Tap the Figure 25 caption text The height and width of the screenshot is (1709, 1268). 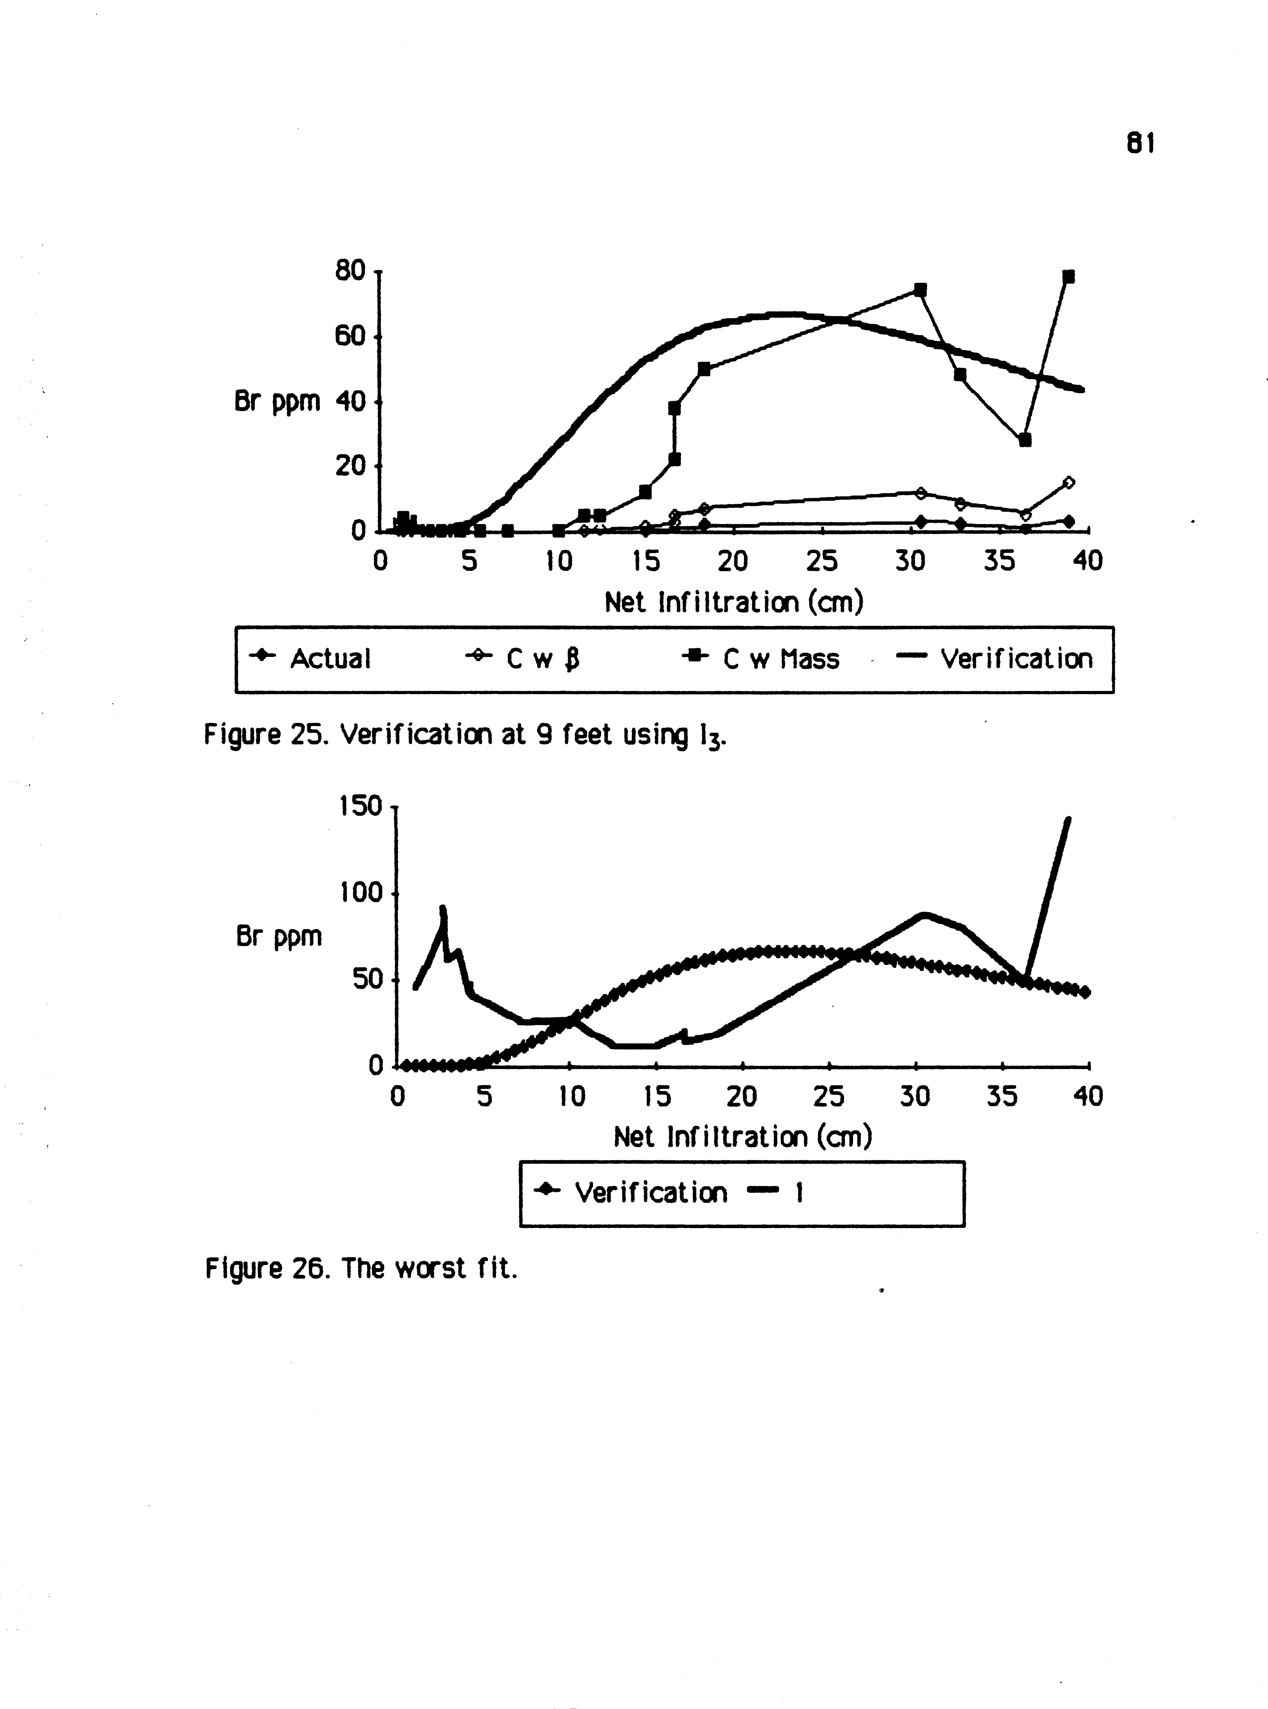(x=464, y=735)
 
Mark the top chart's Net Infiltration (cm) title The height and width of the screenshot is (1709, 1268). (x=734, y=602)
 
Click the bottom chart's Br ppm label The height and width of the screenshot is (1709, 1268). (x=279, y=936)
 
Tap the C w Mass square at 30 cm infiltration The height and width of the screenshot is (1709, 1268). (x=920, y=289)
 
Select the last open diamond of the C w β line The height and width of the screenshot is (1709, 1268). (x=1068, y=482)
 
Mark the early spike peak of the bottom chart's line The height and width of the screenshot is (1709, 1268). (x=443, y=910)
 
